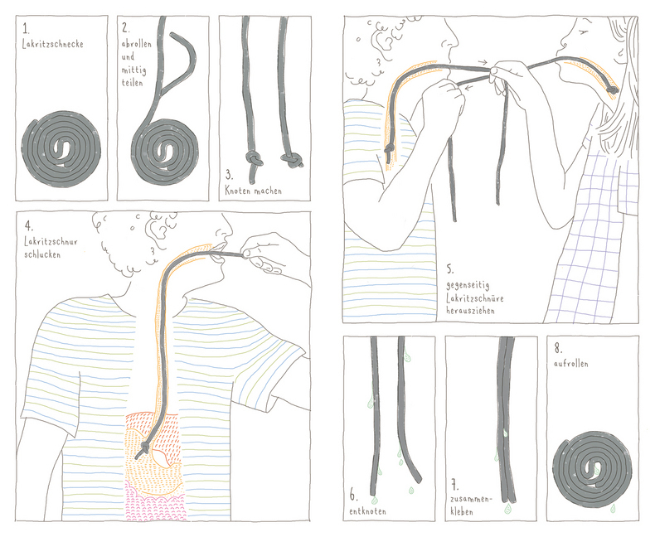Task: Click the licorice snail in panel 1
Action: tap(62, 151)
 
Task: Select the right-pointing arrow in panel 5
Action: tap(483, 62)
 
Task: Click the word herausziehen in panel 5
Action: tap(471, 311)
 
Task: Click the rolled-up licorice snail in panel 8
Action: tap(592, 468)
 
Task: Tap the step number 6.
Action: tap(353, 497)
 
